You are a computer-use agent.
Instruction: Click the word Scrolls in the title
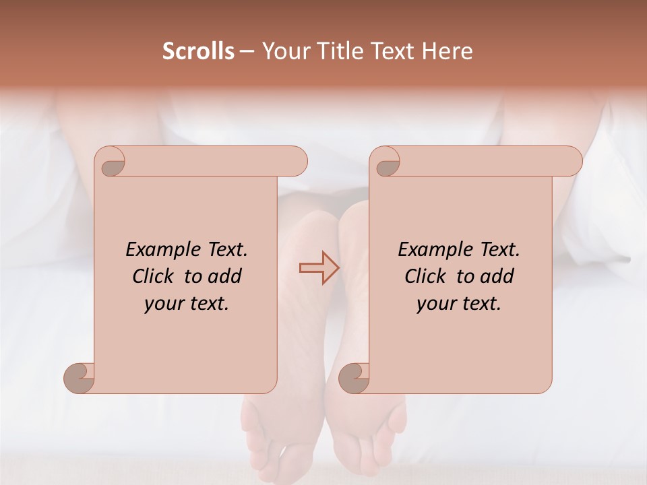pos(198,51)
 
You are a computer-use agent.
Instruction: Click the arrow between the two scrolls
pos(319,268)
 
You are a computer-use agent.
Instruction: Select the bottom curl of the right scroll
pos(355,377)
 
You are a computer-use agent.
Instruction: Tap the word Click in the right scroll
pos(425,276)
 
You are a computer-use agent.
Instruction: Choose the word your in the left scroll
pos(163,304)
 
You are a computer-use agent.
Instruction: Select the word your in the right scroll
pos(435,304)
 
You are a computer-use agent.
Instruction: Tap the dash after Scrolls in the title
pos(247,52)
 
